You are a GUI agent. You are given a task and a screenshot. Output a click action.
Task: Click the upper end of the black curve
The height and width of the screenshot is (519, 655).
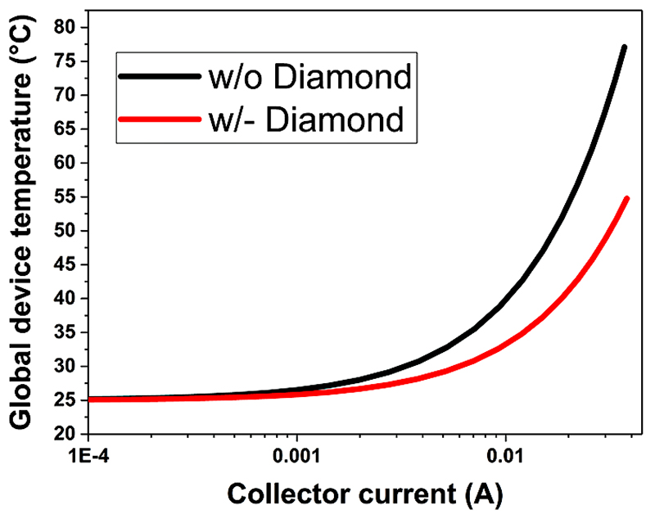coord(624,47)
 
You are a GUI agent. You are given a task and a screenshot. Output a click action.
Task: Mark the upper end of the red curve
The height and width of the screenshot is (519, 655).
coord(626,199)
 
